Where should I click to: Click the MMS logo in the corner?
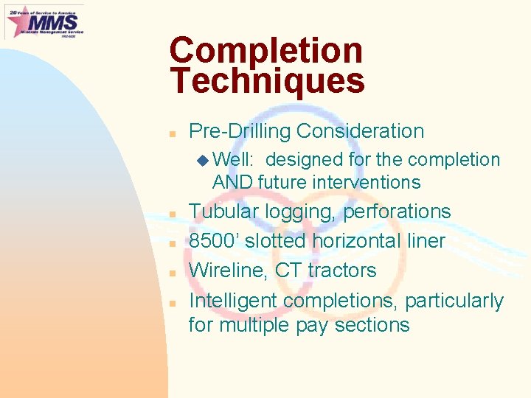tap(44, 21)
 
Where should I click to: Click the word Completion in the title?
tap(265, 51)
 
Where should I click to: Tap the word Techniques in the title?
tap(267, 81)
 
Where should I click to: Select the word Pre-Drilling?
tap(239, 131)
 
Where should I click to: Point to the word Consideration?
tap(360, 131)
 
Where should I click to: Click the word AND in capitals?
tap(233, 182)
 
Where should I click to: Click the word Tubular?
tap(223, 212)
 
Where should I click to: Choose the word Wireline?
tap(229, 270)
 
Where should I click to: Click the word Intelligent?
tap(233, 301)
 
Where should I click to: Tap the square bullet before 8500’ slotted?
tap(171, 243)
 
